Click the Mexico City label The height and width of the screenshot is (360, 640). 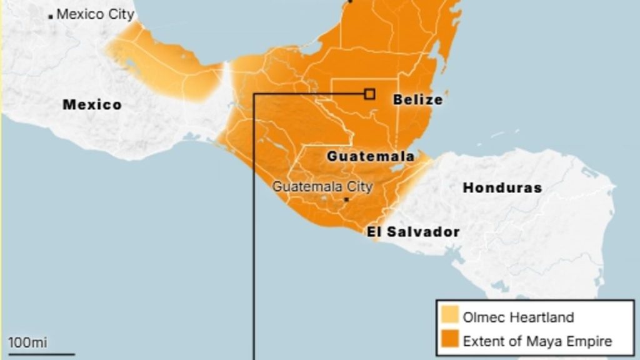[x=95, y=14]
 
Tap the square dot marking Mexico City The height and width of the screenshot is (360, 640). [x=51, y=16]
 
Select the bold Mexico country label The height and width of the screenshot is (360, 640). [x=92, y=104]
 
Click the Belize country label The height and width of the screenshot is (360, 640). [x=417, y=99]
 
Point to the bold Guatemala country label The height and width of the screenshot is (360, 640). [x=370, y=156]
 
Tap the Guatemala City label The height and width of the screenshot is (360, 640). [x=322, y=186]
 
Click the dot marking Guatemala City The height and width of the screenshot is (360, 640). [x=346, y=199]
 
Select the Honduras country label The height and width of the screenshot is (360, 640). [x=502, y=187]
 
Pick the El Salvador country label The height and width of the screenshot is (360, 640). [x=413, y=232]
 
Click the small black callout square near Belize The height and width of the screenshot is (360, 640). [x=369, y=94]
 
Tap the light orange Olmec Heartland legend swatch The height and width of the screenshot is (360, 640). [x=449, y=316]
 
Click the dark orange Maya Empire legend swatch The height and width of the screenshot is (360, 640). [x=449, y=341]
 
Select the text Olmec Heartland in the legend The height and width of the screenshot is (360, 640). [x=518, y=317]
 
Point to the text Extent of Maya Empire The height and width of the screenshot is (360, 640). [x=537, y=341]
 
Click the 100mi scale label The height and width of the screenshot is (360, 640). [x=27, y=342]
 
